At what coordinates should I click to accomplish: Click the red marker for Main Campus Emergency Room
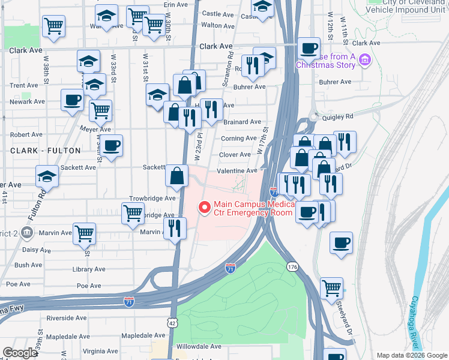[x=204, y=208]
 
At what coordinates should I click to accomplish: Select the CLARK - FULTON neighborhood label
[x=36, y=151]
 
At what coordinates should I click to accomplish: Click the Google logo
[x=20, y=353]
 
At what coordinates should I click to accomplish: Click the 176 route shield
[x=292, y=266]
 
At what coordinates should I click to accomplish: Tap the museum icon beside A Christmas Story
[x=365, y=61]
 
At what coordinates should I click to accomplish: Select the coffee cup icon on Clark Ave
[x=309, y=47]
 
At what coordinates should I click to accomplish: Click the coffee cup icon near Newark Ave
[x=72, y=100]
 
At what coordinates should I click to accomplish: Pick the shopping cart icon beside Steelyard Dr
[x=331, y=287]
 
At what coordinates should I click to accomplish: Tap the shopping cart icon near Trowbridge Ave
[x=132, y=212]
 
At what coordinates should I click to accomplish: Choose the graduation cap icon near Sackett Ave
[x=46, y=176]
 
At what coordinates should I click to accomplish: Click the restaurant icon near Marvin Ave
[x=175, y=227]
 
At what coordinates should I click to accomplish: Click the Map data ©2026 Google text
[x=411, y=355]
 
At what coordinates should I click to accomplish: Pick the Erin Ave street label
[x=176, y=4]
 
